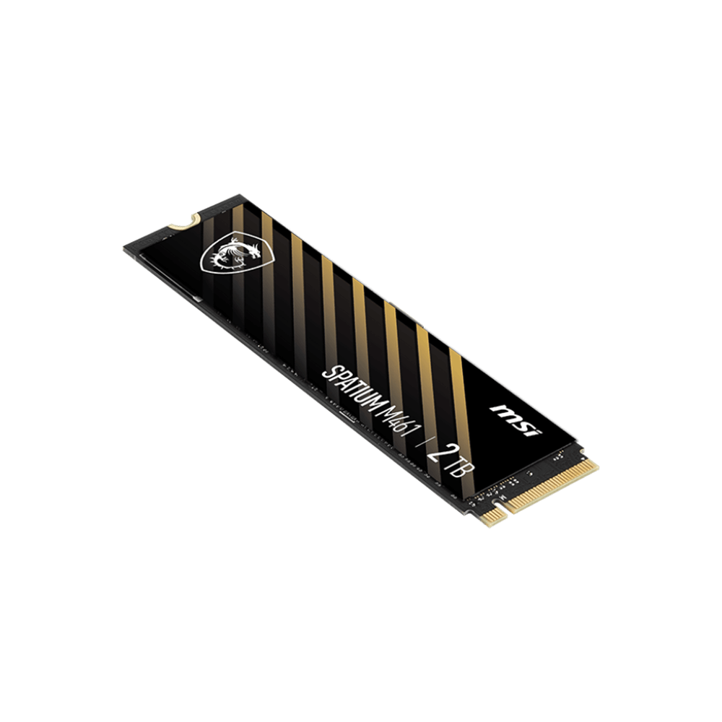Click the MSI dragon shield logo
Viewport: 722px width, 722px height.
(x=237, y=253)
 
